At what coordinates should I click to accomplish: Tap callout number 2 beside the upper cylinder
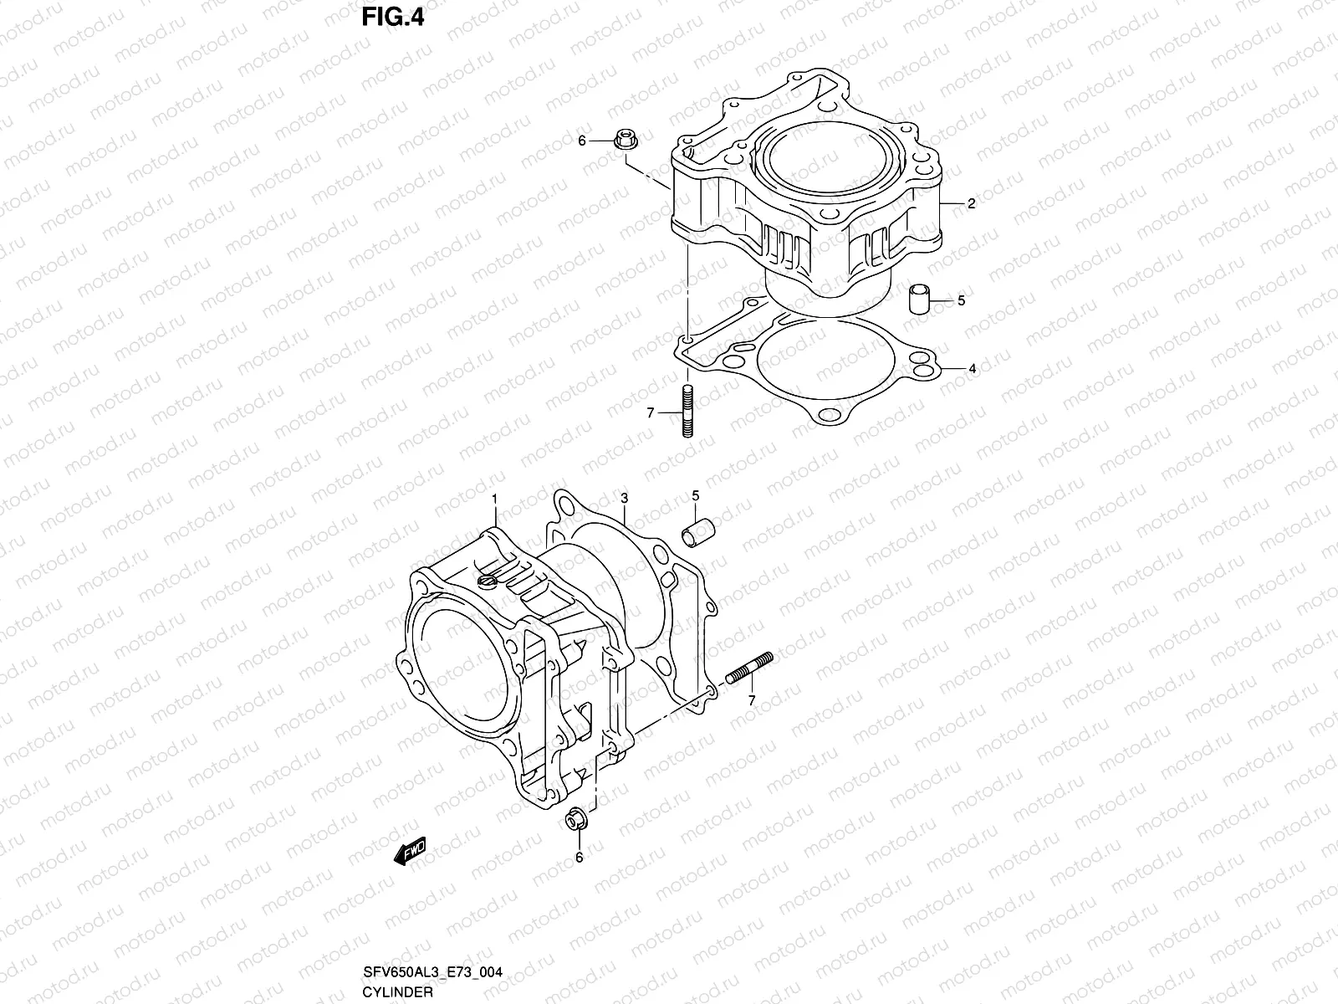click(971, 203)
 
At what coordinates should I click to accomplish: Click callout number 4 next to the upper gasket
click(972, 368)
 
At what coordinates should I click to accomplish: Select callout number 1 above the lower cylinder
click(494, 499)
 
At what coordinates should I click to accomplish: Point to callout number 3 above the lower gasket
click(624, 499)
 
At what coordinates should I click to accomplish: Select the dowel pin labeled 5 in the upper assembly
click(919, 298)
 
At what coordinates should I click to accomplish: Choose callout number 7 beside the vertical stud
click(650, 412)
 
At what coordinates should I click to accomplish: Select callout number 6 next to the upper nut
click(582, 141)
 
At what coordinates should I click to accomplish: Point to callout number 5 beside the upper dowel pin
click(961, 300)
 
